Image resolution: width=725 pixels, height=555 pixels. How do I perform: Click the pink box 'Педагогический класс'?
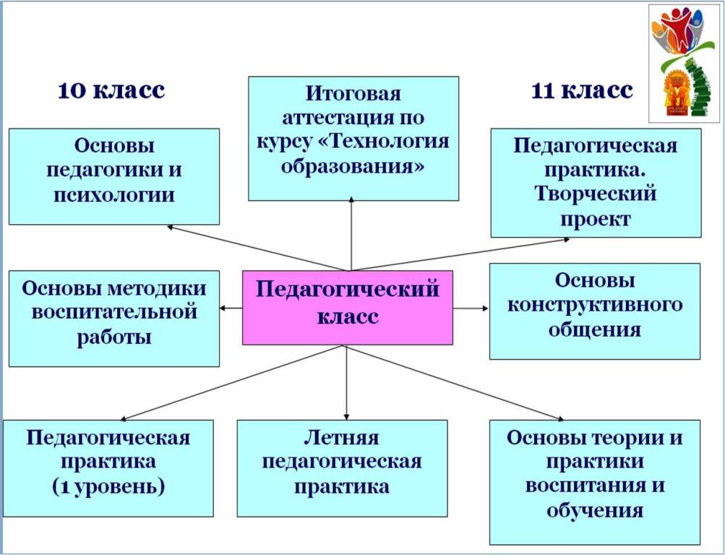(x=348, y=308)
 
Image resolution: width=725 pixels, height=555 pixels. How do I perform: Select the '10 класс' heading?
(x=111, y=90)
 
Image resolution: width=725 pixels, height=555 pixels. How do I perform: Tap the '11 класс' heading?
(x=582, y=90)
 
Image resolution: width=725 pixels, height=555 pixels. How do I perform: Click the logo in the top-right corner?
(x=683, y=64)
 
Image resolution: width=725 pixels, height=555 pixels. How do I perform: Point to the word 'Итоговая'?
(x=353, y=93)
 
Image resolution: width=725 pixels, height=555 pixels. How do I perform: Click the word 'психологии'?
(x=114, y=194)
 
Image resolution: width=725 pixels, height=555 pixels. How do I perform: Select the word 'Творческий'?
(x=596, y=193)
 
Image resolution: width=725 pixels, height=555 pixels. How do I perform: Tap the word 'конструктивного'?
(x=595, y=305)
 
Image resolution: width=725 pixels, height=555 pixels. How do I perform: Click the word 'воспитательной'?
(x=114, y=312)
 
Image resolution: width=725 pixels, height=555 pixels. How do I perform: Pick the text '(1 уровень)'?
(x=108, y=486)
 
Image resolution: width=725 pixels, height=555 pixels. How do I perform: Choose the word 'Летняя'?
(x=341, y=438)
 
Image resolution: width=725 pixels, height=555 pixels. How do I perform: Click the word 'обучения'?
(x=595, y=511)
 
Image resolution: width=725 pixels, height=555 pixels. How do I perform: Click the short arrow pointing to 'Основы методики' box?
(x=231, y=309)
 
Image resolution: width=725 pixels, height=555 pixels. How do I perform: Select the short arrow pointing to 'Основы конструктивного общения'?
(x=471, y=309)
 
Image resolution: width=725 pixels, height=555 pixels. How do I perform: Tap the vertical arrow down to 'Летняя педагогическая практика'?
(x=346, y=382)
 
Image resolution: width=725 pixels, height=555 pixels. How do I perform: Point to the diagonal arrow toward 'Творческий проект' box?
(x=460, y=254)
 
